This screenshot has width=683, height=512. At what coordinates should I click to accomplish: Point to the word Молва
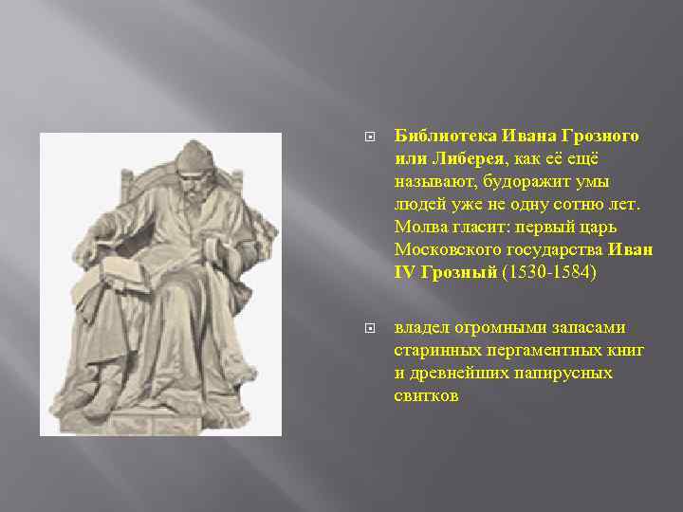point(418,227)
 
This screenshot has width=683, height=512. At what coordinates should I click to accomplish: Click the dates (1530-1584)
point(550,272)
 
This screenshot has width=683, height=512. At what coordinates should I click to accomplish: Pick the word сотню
point(563,204)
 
